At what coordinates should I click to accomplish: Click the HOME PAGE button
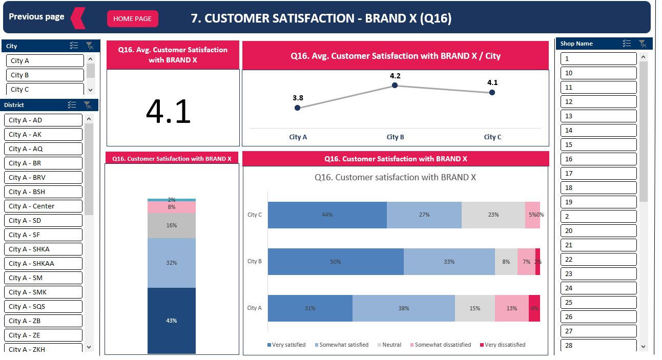(132, 18)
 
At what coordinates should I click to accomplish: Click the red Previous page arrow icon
(78, 18)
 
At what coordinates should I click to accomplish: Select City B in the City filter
(45, 75)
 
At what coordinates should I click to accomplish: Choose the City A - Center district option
(43, 206)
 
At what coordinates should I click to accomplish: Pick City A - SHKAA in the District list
(43, 264)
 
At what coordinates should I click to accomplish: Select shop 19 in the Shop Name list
(598, 202)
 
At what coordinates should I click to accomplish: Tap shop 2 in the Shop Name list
(598, 217)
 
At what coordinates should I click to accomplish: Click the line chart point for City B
(395, 86)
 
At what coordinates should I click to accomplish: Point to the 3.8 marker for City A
(298, 108)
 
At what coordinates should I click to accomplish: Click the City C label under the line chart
(492, 137)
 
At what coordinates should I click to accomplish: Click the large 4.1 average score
(168, 112)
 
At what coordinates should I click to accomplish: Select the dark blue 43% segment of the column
(171, 321)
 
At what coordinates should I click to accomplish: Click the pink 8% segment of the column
(171, 207)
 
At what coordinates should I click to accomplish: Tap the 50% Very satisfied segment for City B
(335, 262)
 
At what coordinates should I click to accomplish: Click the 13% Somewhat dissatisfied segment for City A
(511, 308)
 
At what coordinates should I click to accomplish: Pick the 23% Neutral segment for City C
(493, 215)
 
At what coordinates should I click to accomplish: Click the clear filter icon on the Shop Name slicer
(643, 44)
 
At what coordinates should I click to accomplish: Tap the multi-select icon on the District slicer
(72, 105)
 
